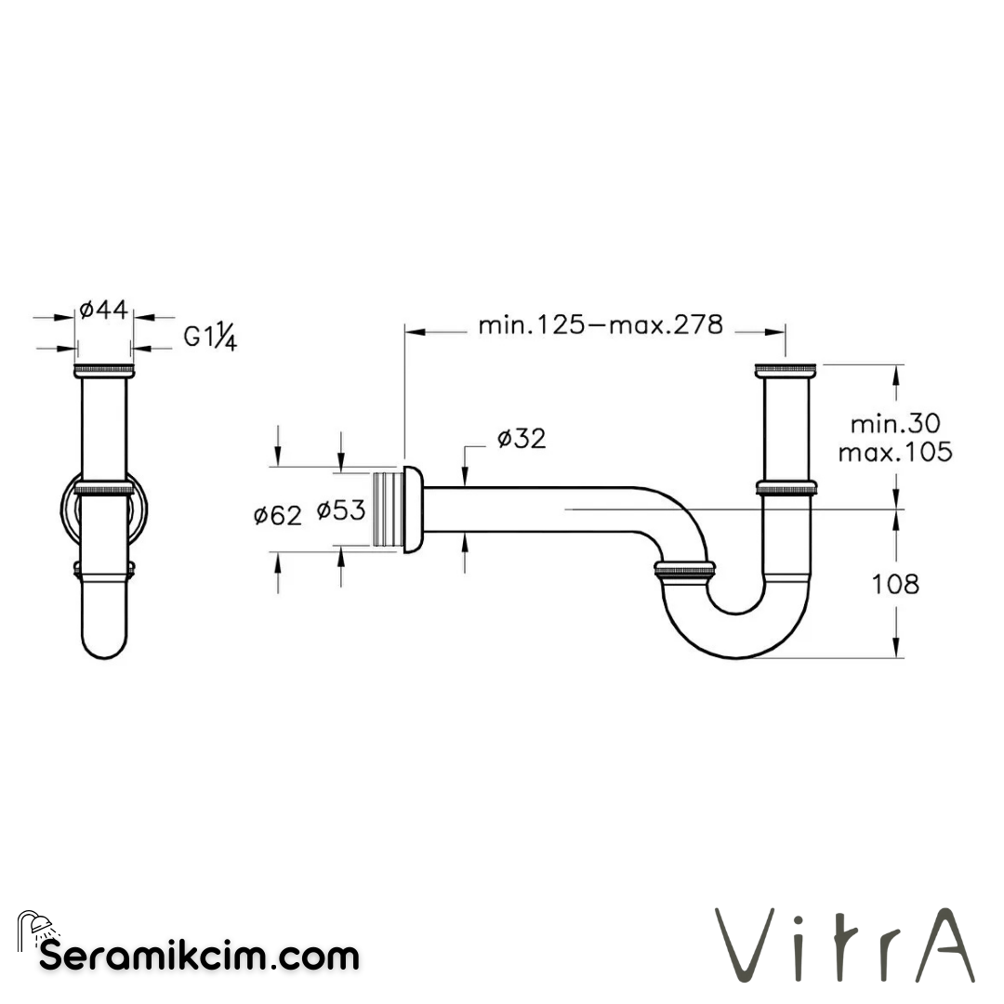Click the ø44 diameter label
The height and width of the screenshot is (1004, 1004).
[103, 310]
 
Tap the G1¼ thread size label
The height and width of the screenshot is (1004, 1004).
[210, 336]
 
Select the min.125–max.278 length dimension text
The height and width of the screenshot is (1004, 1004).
[600, 324]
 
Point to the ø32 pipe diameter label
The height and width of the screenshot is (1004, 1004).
[522, 439]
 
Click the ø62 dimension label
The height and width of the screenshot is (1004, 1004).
[278, 514]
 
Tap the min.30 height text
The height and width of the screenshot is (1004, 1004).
[894, 424]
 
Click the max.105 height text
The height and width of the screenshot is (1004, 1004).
[894, 453]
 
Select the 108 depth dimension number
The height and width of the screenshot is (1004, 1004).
[896, 584]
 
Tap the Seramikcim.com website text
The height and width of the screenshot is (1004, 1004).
[199, 955]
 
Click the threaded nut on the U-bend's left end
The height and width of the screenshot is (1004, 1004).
[685, 569]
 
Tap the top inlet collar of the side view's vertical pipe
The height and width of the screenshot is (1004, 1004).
[786, 370]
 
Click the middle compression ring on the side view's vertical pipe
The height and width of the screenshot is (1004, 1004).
[786, 487]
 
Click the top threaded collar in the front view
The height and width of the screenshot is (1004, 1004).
[103, 371]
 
